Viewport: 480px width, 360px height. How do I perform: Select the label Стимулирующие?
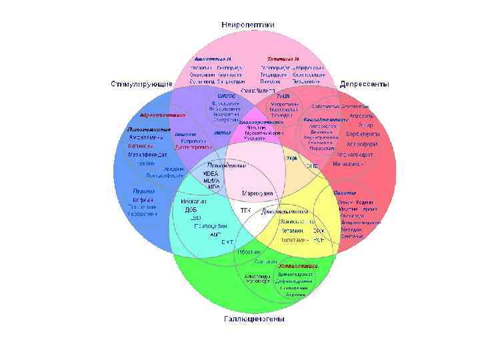141,85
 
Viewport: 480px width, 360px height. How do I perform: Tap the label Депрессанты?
360,85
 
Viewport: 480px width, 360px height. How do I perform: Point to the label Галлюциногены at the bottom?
253,319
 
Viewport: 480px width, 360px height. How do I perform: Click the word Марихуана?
257,193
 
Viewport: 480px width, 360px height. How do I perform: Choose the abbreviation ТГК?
245,210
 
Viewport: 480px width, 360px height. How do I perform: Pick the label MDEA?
211,174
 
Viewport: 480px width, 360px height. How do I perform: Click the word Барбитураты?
363,133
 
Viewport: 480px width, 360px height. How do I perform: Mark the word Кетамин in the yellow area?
293,229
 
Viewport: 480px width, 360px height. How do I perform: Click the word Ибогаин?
248,252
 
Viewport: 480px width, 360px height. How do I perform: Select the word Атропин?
295,295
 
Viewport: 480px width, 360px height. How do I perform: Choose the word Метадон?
352,229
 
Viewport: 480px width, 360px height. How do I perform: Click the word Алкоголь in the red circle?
363,115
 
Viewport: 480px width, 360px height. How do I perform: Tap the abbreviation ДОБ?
191,209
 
